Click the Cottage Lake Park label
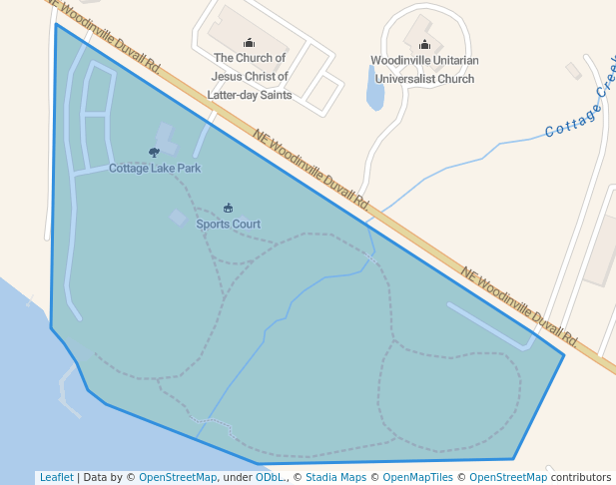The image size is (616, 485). coord(155,169)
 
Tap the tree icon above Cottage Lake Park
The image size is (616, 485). coord(154,153)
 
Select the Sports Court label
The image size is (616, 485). coord(228,225)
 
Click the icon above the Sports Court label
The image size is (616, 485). coord(228,209)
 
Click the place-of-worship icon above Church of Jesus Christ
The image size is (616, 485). coord(250,42)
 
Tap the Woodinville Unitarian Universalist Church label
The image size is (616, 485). coord(422,69)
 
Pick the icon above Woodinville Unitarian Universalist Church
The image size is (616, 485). coord(424,44)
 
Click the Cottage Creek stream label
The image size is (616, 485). coord(578,111)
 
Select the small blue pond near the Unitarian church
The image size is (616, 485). coord(375,93)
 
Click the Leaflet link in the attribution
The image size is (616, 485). coord(56,478)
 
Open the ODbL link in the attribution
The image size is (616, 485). coord(269,478)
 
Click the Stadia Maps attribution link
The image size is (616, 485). coord(335,478)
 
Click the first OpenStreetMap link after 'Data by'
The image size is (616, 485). coord(178,478)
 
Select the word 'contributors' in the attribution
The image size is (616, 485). coord(581,478)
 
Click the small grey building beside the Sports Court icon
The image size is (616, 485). coord(178,217)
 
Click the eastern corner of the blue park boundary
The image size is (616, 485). coord(564,354)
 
